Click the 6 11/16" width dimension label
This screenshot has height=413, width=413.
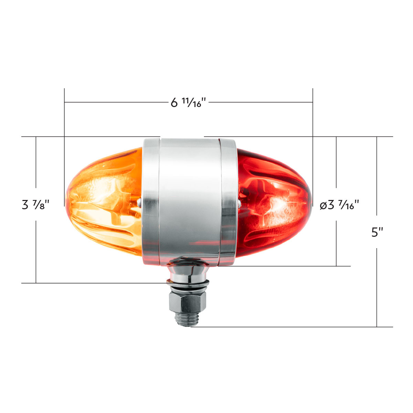pyautogui.click(x=188, y=102)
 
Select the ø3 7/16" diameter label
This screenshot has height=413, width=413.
pyautogui.click(x=339, y=205)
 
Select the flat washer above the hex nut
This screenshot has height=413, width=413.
pyautogui.click(x=188, y=283)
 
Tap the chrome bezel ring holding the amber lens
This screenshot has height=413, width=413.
pyautogui.click(x=150, y=201)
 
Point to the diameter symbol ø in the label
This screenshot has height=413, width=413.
pyautogui.click(x=323, y=206)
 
